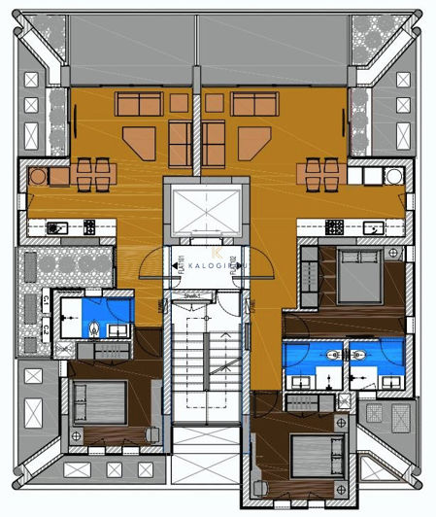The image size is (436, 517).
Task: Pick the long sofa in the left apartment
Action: (137, 103)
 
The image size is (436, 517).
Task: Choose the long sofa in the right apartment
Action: (253, 103)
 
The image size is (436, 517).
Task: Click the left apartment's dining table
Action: (88, 174)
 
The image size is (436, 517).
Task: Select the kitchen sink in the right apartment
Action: (373, 227)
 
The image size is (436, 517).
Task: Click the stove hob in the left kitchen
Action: (90, 227)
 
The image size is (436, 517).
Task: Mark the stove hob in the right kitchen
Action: (335, 227)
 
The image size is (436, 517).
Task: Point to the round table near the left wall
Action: (38, 176)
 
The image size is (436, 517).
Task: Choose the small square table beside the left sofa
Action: (177, 103)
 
